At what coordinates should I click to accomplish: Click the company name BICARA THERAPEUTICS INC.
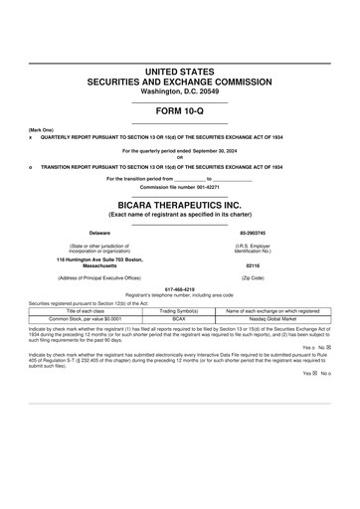(x=179, y=203)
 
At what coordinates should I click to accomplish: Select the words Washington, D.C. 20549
(x=179, y=91)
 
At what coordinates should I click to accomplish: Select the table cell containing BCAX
(x=180, y=318)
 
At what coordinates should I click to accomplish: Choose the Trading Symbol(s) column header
(x=180, y=310)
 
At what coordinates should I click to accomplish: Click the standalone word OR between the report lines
(x=179, y=157)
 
